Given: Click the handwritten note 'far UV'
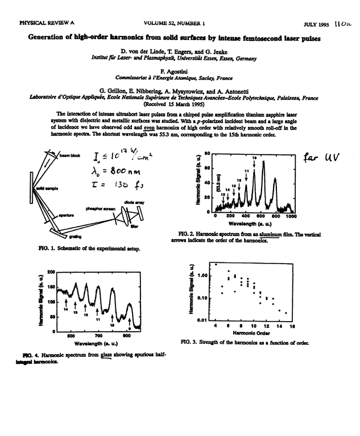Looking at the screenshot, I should click(321, 157).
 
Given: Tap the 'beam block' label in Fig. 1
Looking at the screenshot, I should click(75, 154).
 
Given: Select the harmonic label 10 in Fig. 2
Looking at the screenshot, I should click(254, 157).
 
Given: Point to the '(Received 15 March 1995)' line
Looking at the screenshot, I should click(179, 104).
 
